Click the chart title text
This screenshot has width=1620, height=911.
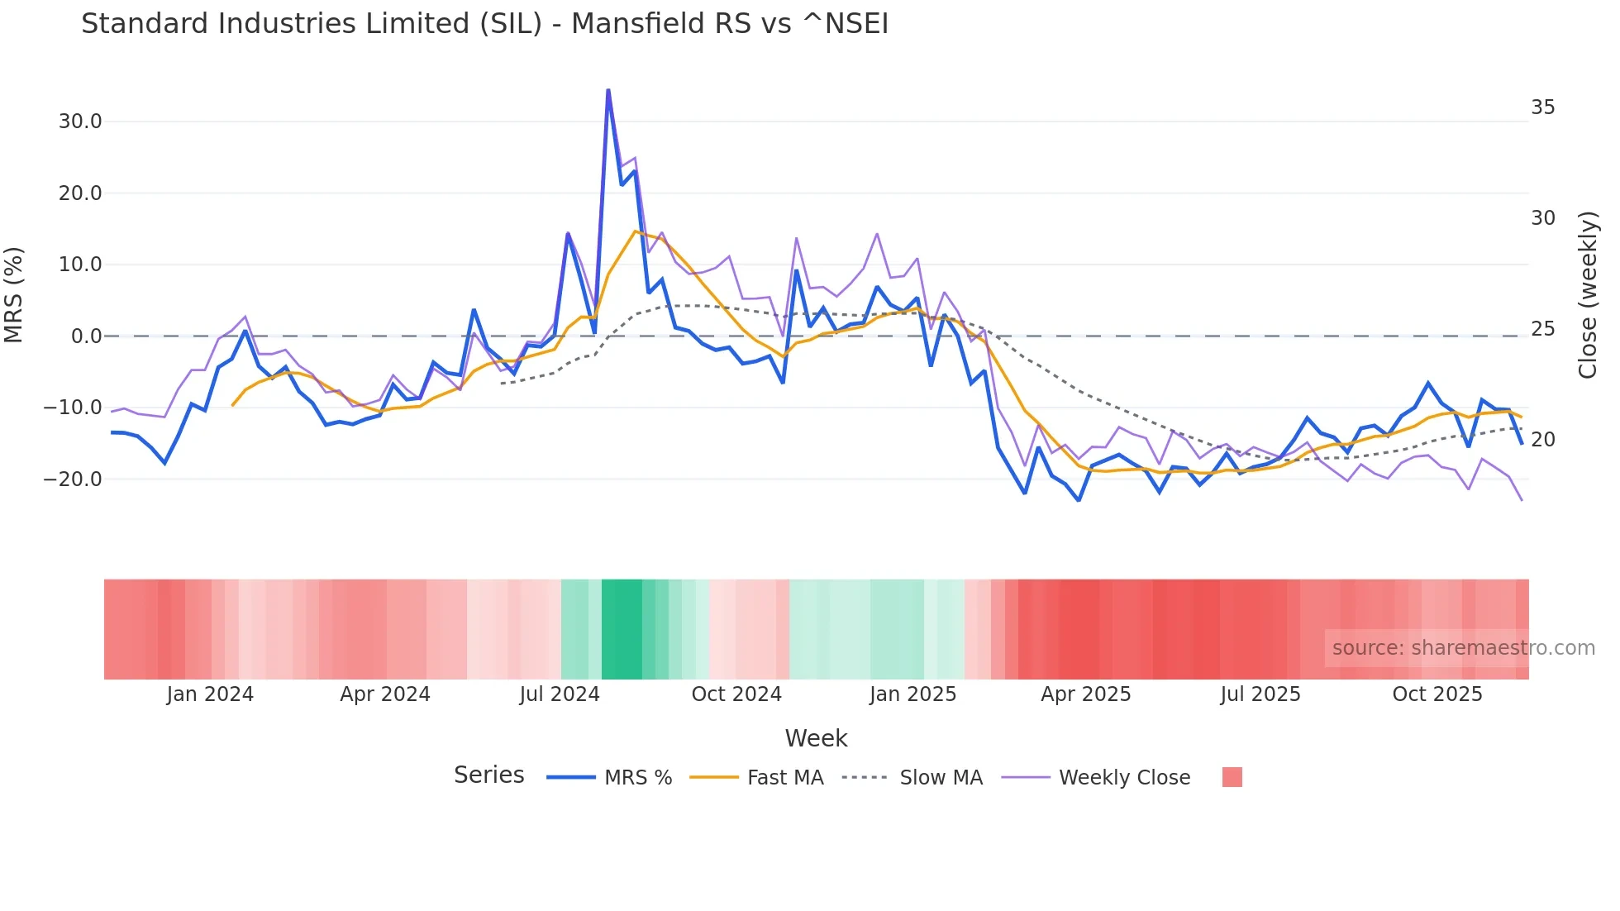pos(484,24)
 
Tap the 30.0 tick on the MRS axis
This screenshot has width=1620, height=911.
pos(80,122)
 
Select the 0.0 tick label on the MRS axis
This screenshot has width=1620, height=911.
pos(86,336)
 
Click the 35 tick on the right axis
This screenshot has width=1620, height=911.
pos(1543,107)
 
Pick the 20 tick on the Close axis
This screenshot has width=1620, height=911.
pos(1543,440)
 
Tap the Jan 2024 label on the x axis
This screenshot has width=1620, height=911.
pos(210,694)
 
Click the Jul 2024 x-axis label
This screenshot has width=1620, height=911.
pos(560,694)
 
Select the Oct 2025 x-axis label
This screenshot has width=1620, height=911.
pos(1437,694)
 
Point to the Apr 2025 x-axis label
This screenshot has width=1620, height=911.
pos(1086,694)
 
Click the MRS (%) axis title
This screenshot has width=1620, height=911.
pos(13,294)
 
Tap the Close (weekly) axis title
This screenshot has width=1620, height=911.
pos(1587,294)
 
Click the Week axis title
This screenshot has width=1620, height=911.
pos(816,738)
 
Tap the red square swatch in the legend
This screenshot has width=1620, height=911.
pos(1232,777)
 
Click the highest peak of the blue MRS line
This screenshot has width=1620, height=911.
pos(608,90)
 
